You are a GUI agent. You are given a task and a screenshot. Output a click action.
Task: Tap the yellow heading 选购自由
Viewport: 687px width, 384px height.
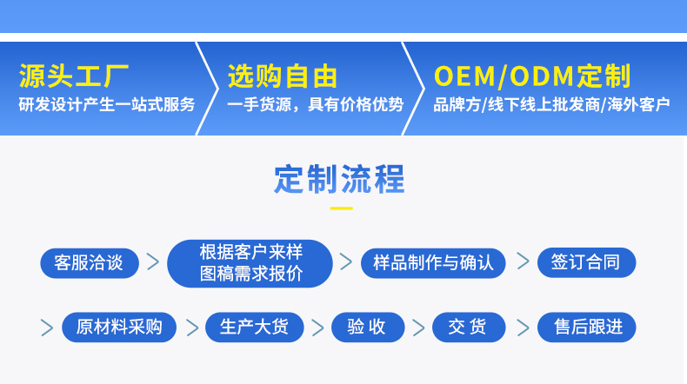click(x=282, y=76)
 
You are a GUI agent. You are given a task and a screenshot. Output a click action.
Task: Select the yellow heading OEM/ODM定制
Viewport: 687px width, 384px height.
click(x=531, y=76)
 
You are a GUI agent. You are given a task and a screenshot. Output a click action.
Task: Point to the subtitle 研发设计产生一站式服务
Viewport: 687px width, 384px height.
click(x=107, y=105)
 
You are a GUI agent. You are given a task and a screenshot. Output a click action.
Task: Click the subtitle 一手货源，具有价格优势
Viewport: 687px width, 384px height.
click(x=315, y=105)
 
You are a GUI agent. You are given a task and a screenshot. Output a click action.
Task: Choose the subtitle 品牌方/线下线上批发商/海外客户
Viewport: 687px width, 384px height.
click(x=551, y=105)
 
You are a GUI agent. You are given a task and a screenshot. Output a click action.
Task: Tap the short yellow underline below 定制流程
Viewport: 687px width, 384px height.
click(x=341, y=209)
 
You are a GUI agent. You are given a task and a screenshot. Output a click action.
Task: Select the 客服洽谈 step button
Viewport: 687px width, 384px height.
click(x=89, y=262)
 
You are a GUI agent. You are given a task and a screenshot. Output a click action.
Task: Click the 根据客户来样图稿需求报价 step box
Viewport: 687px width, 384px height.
click(x=250, y=263)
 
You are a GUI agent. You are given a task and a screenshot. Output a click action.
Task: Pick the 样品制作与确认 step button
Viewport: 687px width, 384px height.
click(x=433, y=262)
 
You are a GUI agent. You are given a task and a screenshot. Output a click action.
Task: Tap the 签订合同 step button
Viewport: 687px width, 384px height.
click(x=586, y=262)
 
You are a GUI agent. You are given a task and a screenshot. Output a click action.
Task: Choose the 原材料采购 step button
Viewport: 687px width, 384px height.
click(x=119, y=328)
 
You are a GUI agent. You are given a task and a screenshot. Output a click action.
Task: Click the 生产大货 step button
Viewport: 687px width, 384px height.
click(x=255, y=328)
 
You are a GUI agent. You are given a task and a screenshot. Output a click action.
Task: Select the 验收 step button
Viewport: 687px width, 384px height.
click(x=369, y=328)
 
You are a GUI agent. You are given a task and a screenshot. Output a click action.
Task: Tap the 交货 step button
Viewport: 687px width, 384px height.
click(x=469, y=328)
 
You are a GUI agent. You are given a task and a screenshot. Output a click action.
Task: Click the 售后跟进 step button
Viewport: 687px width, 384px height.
click(x=586, y=328)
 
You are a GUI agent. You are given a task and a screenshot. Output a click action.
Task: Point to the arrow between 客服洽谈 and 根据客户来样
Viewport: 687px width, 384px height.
click(x=153, y=262)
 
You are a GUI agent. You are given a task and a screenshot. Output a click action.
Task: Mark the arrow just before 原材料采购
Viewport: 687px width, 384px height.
click(x=47, y=328)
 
